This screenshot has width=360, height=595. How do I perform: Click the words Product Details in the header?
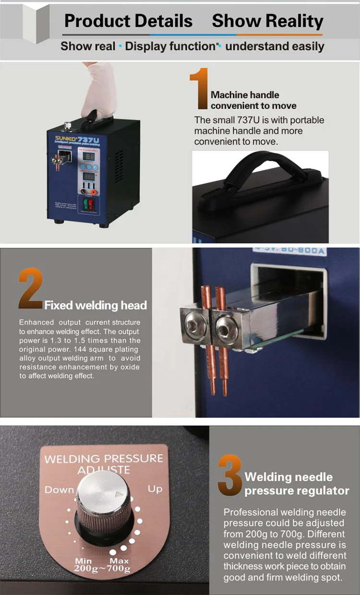tap(128, 21)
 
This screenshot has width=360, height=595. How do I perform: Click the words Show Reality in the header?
tap(267, 21)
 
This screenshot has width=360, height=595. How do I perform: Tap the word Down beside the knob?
tap(59, 489)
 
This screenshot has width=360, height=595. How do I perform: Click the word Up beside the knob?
tap(155, 488)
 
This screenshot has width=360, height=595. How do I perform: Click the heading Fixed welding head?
tap(96, 305)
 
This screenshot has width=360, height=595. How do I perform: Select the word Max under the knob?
tap(119, 560)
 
